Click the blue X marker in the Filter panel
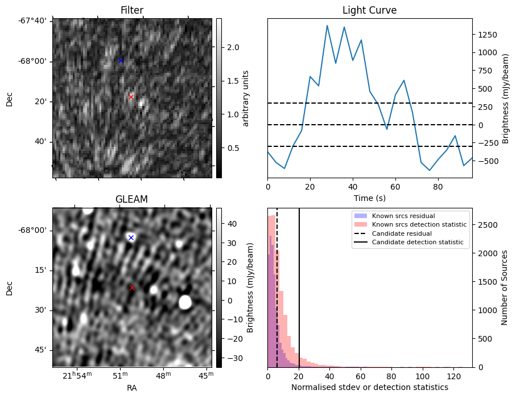(x=121, y=60)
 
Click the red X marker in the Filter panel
(x=131, y=97)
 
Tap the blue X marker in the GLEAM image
(x=131, y=237)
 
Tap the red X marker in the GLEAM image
(x=132, y=288)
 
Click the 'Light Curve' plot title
(x=369, y=10)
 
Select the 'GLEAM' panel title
(x=131, y=199)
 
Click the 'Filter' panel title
(x=132, y=10)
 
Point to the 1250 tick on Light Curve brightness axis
(x=488, y=35)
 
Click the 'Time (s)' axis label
(x=369, y=198)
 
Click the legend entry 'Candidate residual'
(x=397, y=233)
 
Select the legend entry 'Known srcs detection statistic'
(x=419, y=225)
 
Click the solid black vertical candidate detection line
(x=299, y=296)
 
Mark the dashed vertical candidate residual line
(x=277, y=296)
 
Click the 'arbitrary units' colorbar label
(x=246, y=98)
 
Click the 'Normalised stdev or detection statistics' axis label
(x=369, y=387)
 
